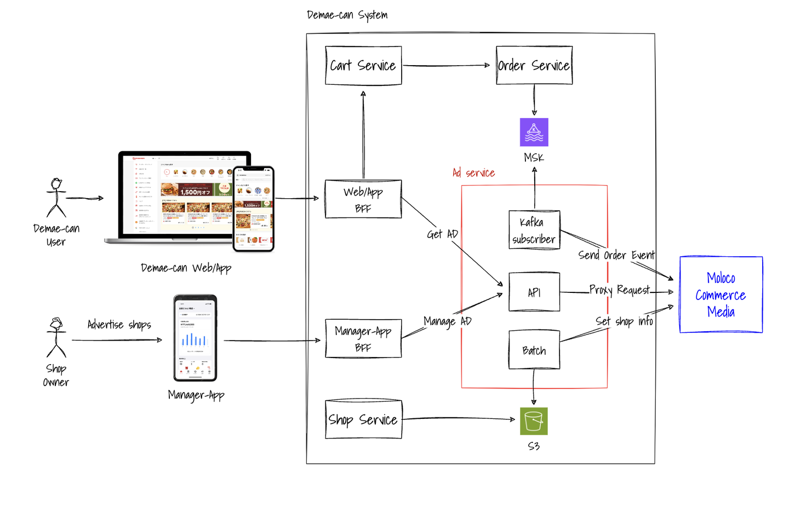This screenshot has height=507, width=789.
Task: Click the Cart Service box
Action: click(363, 66)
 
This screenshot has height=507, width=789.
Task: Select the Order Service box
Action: click(534, 66)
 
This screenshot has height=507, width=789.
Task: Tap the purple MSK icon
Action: click(534, 132)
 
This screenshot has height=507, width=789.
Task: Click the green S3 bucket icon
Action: click(534, 421)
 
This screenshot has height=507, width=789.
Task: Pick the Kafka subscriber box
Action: click(534, 230)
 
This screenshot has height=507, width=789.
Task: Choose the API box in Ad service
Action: click(534, 292)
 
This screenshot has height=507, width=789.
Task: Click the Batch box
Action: click(534, 350)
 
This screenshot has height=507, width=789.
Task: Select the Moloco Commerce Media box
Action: click(721, 295)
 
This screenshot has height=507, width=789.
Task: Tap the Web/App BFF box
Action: click(363, 199)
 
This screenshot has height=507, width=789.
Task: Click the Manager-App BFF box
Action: click(363, 338)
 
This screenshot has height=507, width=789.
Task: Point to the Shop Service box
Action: click(363, 419)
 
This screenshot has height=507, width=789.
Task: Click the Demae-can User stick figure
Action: click(56, 198)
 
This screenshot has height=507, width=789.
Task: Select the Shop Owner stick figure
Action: click(56, 337)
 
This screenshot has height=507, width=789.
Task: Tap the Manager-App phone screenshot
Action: click(195, 338)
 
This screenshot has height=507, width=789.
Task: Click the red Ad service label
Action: click(473, 173)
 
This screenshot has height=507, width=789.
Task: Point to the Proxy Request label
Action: click(619, 290)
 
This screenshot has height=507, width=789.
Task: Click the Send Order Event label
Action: click(616, 255)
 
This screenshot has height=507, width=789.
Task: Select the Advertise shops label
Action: click(119, 325)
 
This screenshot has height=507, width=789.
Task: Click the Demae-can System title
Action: click(347, 15)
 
